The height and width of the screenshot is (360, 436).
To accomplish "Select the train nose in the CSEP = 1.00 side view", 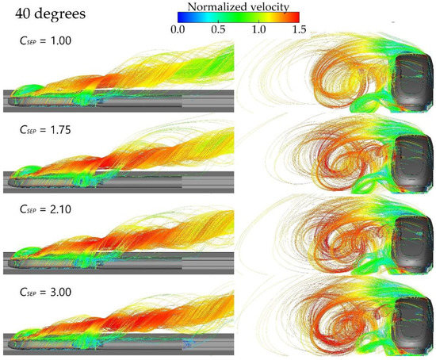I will coord(13,99).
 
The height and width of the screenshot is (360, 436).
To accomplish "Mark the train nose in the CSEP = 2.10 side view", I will coord(13,258).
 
